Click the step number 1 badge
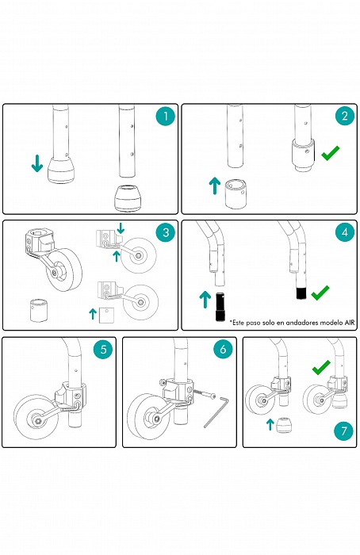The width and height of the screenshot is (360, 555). [x=165, y=116]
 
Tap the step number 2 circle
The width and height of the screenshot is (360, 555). [x=345, y=116]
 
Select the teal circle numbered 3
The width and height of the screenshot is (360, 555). [x=166, y=232]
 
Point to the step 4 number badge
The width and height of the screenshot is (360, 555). [x=345, y=232]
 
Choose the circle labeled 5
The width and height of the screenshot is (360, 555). [x=103, y=349]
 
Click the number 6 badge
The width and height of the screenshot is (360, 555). [x=223, y=349]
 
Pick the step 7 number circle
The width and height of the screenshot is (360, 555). [x=343, y=431]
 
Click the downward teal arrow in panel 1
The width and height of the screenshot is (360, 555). [x=37, y=163]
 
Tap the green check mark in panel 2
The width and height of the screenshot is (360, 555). [x=331, y=153]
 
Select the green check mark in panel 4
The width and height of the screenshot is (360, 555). [x=320, y=293]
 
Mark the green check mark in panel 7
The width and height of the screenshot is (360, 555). [x=321, y=367]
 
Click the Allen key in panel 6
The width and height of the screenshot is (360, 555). [x=216, y=412]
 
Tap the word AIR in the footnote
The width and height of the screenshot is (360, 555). [x=350, y=323]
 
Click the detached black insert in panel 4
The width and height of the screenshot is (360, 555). [x=220, y=307]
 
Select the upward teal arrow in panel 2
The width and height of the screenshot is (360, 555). [x=215, y=186]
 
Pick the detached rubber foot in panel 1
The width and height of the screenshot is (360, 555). [x=128, y=198]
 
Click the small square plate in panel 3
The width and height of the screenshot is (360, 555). [x=106, y=315]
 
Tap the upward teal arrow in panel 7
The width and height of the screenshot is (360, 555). [x=270, y=424]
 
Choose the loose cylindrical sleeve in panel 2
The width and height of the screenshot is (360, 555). [x=236, y=194]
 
